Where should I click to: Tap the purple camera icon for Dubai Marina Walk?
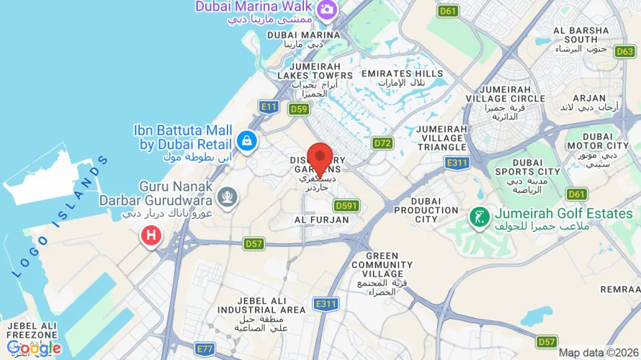pos(327,9)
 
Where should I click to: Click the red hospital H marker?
pos(151,235)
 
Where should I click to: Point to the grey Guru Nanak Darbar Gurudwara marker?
pos(228,195)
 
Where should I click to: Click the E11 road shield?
pos(269,107)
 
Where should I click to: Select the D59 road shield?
pos(299,109)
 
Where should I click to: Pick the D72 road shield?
pos(382,143)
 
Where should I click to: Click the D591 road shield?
pos(346,206)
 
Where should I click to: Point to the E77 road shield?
pos(206,348)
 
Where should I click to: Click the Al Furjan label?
pos(321,220)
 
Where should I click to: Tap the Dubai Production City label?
pos(426,210)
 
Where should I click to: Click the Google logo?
pos(34,348)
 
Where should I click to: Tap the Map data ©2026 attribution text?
pos(599,353)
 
